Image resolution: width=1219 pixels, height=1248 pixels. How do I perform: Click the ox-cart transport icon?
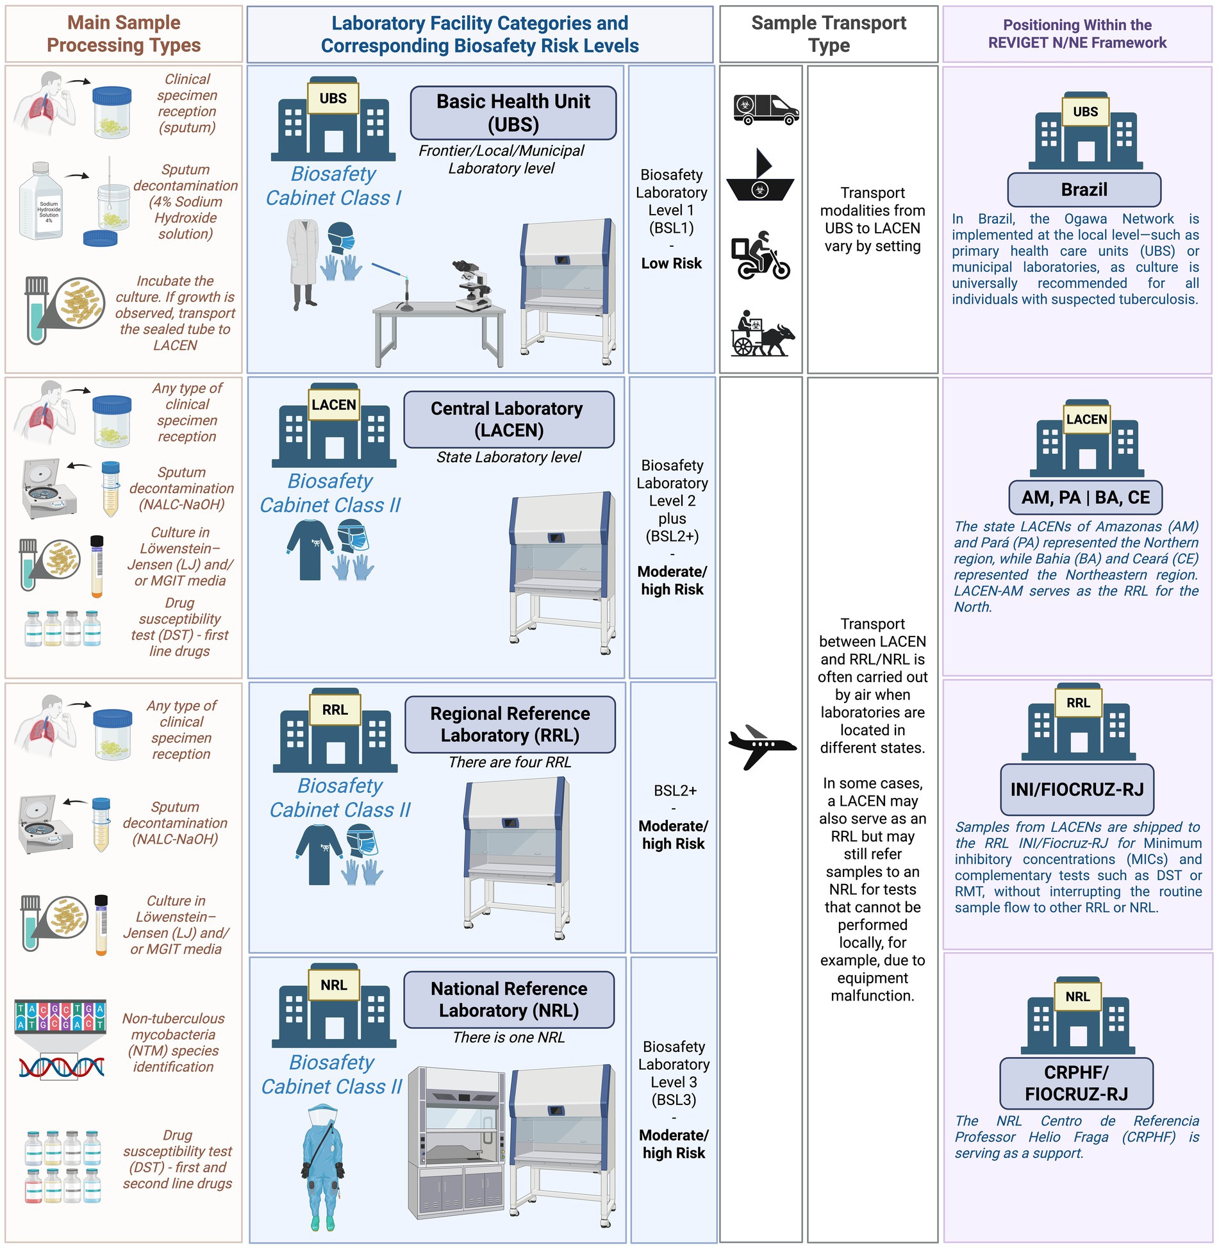(x=763, y=333)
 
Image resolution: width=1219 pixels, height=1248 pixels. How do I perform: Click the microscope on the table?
(x=473, y=285)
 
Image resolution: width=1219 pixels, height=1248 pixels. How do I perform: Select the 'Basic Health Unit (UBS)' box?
(x=513, y=113)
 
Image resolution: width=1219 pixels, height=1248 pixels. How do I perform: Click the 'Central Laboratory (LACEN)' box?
(x=508, y=419)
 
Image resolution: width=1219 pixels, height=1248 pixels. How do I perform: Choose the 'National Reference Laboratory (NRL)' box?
(x=508, y=999)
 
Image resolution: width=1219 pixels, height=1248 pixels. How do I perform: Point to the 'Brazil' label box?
(x=1084, y=190)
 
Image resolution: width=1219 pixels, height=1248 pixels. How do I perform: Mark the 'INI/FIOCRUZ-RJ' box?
(x=1077, y=790)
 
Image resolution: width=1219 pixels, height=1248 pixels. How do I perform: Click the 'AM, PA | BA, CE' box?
(x=1085, y=497)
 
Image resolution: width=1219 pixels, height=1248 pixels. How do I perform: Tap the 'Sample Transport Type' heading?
(x=828, y=34)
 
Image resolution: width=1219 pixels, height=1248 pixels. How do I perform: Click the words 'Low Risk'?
(x=671, y=263)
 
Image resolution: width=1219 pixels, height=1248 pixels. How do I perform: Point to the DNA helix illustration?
(x=61, y=1067)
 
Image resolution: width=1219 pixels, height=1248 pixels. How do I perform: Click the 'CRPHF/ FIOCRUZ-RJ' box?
(x=1076, y=1083)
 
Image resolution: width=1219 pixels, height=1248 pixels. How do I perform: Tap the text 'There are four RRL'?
(x=510, y=762)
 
